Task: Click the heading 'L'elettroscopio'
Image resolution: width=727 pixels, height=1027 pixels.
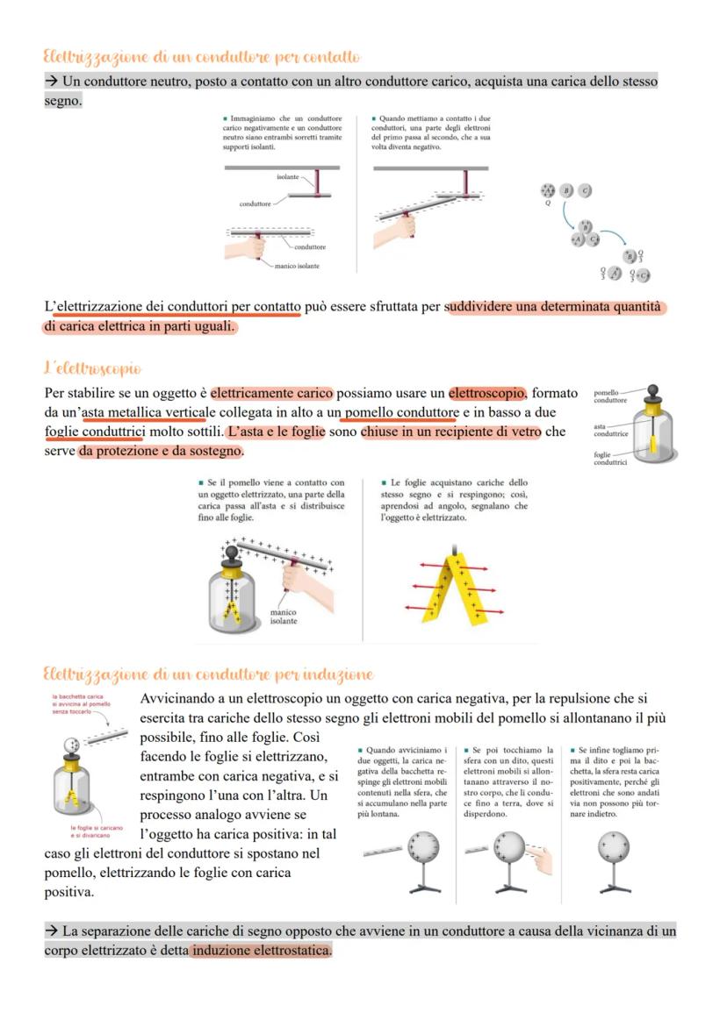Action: click(x=93, y=367)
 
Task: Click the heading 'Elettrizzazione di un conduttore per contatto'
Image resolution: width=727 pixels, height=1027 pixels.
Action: click(x=202, y=57)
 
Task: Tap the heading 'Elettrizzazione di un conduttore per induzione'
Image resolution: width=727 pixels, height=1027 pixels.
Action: click(x=208, y=674)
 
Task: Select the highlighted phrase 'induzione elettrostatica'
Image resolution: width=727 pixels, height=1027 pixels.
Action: click(x=261, y=951)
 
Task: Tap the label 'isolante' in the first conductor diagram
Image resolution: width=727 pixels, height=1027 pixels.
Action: click(x=288, y=176)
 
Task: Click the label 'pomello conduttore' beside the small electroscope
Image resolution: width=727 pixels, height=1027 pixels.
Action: click(x=610, y=396)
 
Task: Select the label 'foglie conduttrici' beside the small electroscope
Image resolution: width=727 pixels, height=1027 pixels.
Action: click(x=610, y=458)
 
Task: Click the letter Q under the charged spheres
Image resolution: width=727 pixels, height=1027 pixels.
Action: click(x=547, y=203)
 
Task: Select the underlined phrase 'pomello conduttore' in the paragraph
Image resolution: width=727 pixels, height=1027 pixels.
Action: click(x=400, y=412)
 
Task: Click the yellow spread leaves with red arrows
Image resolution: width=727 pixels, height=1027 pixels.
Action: click(x=455, y=588)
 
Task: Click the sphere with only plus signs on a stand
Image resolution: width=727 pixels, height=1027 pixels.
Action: click(x=612, y=848)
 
